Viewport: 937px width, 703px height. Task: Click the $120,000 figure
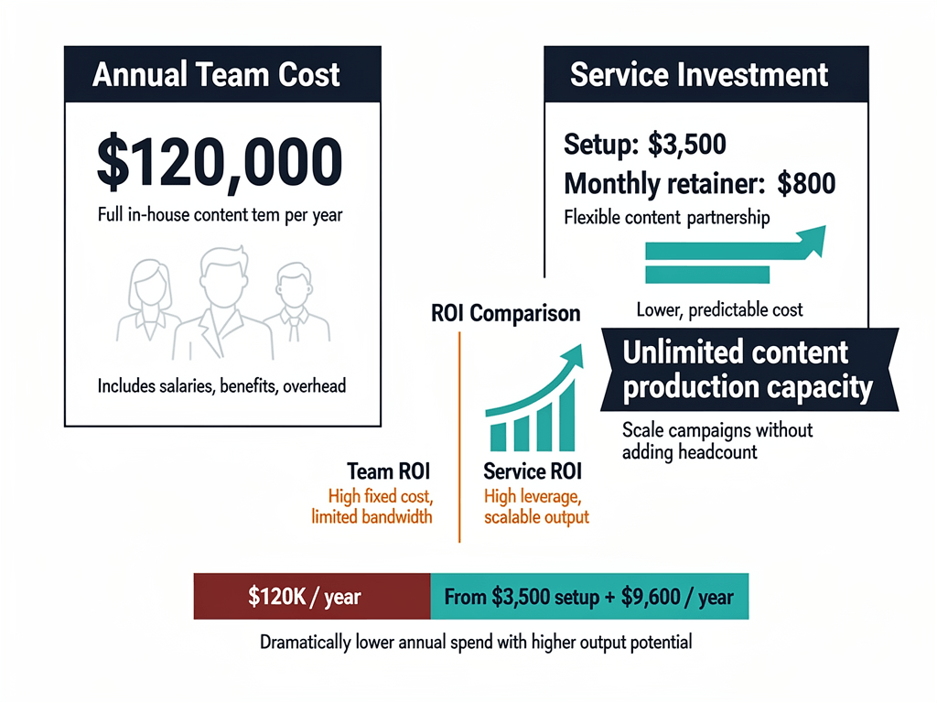tap(219, 164)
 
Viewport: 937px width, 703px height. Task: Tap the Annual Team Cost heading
tap(216, 74)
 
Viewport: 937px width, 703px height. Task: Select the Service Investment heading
tap(699, 74)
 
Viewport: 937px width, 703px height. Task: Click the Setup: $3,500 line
tap(644, 146)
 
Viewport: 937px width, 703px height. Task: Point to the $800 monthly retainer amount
tap(806, 183)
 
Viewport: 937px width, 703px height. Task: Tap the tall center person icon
tap(222, 302)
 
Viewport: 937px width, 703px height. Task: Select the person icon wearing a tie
tap(294, 307)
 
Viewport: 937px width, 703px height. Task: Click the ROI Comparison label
tap(505, 313)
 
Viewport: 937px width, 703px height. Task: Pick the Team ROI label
tap(389, 471)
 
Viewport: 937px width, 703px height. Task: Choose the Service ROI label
tap(533, 472)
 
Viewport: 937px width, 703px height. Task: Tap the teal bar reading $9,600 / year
tap(589, 597)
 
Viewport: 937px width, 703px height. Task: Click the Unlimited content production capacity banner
tap(747, 370)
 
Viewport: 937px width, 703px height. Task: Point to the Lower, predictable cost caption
tap(719, 309)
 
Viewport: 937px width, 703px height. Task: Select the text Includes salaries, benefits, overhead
tap(222, 385)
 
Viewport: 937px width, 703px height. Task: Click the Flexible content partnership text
tap(666, 218)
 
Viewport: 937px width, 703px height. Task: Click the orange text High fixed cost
tap(380, 497)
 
